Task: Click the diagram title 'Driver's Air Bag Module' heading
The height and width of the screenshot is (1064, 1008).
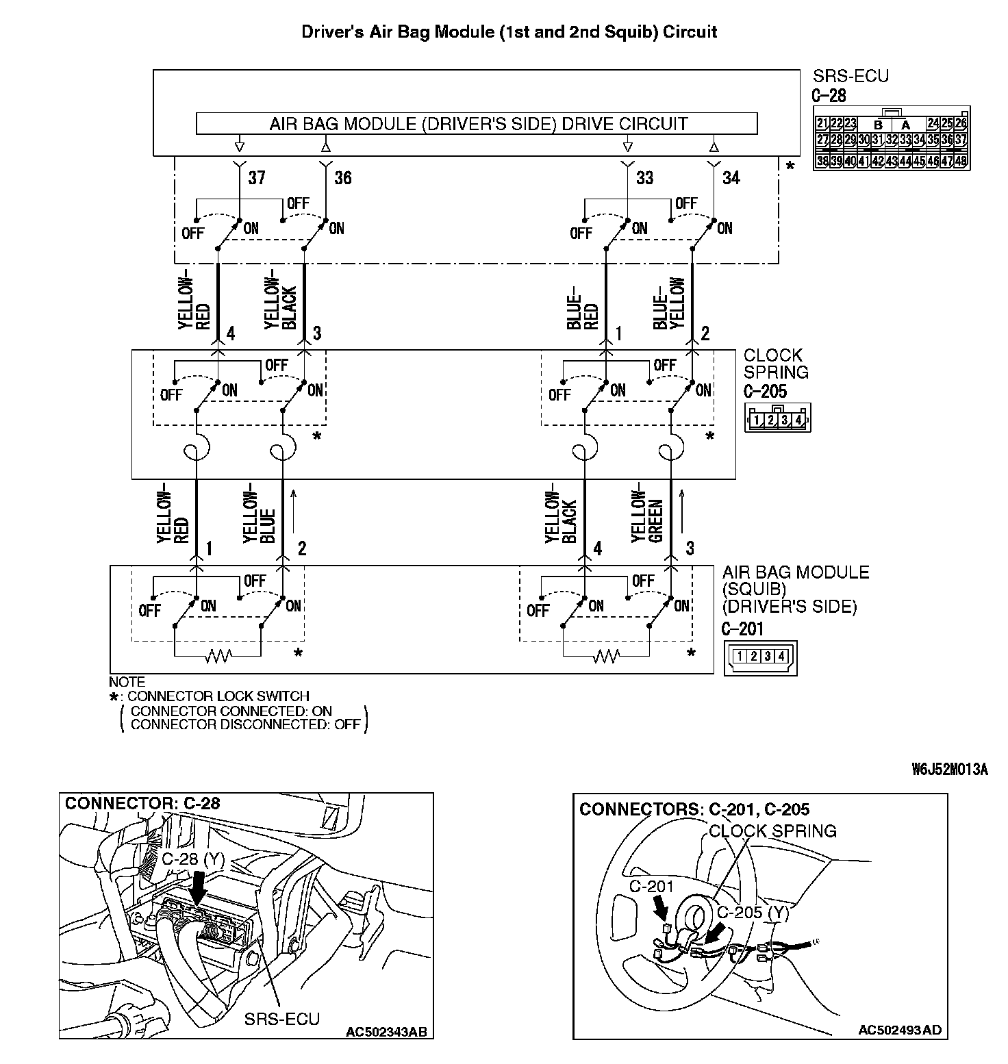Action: pos(509,31)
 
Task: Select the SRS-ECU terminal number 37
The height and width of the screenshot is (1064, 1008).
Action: pos(256,178)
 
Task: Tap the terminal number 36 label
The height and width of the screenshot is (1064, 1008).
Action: pos(342,178)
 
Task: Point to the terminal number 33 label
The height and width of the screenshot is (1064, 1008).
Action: pos(644,178)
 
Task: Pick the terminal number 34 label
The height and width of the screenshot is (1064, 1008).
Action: pos(731,178)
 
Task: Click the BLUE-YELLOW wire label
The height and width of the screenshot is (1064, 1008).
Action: pos(669,303)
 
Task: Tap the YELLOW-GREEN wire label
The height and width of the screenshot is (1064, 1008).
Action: pos(648,516)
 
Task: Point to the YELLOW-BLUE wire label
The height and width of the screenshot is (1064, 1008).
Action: pos(260,517)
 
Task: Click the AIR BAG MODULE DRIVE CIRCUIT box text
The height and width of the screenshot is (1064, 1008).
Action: pos(478,124)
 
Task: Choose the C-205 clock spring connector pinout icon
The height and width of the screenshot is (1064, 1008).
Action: pos(777,418)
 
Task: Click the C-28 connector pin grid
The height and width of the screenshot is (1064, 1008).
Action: pos(891,142)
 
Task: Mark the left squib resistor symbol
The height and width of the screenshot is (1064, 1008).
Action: pos(218,657)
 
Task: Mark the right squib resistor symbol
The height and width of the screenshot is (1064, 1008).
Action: pos(606,657)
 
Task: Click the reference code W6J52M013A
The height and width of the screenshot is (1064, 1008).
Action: pos(950,769)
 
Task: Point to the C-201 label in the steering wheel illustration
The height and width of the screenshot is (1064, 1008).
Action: pos(651,886)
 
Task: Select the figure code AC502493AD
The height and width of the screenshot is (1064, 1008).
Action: pos(899,1029)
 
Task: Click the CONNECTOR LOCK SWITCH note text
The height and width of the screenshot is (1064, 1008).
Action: pos(218,696)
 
